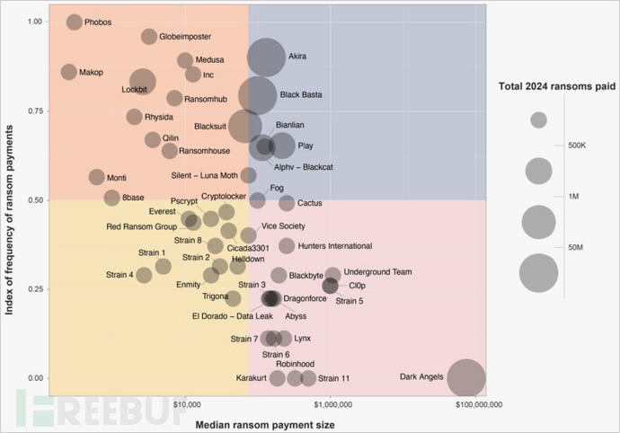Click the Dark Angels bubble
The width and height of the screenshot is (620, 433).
pos(465,377)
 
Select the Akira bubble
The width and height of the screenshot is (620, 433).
pos(266,57)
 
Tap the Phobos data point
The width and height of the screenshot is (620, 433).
pos(74,22)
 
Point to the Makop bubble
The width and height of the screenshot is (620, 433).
pos(68,72)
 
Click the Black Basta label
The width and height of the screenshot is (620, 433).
pos(300,94)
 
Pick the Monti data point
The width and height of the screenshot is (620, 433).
pos(96,177)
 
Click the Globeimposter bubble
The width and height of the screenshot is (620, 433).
pos(149,37)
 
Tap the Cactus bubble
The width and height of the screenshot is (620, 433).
pos(287,203)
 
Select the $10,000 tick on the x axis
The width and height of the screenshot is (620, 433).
pos(185,405)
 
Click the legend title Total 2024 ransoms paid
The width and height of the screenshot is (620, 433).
pos(557,86)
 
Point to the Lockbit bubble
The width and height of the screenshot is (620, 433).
pos(143,81)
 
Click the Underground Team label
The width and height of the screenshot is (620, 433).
pos(377,271)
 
